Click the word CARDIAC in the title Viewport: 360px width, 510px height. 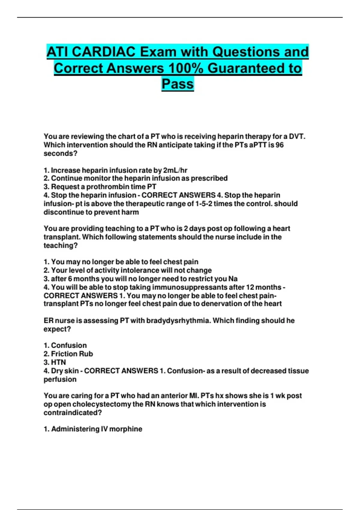tap(104, 52)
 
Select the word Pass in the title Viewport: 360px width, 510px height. tap(178, 84)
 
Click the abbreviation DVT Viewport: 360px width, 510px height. tap(297, 136)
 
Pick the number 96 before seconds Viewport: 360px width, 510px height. tap(279, 145)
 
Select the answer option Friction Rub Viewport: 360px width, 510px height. tap(72, 354)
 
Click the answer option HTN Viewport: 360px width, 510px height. tap(58, 362)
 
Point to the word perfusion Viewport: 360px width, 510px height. tap(60, 379)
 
